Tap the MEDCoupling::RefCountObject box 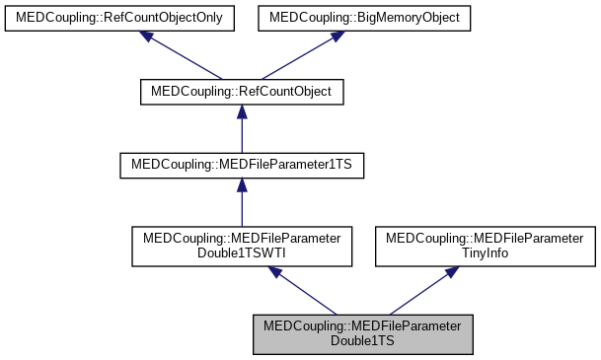(242, 92)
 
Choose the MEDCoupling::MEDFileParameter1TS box (242, 165)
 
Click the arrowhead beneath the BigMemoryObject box (336, 36)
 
